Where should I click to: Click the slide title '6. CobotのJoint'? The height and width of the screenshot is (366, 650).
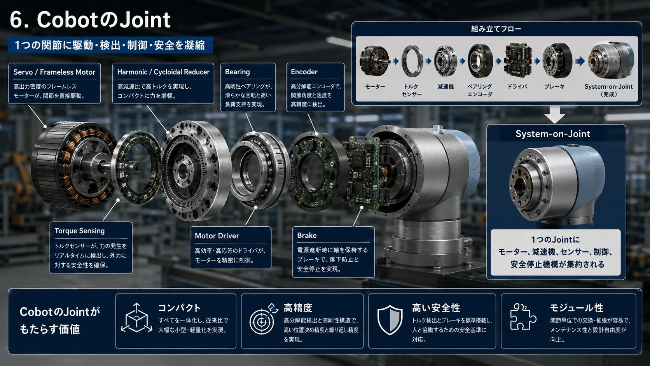pyautogui.click(x=90, y=20)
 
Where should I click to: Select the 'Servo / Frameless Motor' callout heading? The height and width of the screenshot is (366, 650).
pyautogui.click(x=54, y=72)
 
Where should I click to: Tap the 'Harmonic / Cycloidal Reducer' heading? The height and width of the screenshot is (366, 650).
pyautogui.click(x=163, y=72)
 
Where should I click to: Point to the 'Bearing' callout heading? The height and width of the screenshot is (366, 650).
pyautogui.click(x=238, y=72)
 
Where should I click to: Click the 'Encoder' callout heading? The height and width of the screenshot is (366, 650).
pyautogui.click(x=304, y=72)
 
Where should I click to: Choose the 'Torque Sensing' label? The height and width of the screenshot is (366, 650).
pyautogui.click(x=80, y=231)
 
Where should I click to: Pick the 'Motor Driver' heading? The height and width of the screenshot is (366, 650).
pyautogui.click(x=217, y=236)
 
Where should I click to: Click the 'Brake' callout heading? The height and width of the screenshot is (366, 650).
pyautogui.click(x=307, y=235)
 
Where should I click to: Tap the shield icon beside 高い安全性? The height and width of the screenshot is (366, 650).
pyautogui.click(x=390, y=320)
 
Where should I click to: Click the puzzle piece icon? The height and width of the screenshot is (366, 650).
pyautogui.click(x=523, y=317)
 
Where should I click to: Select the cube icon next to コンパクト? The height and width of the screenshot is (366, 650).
pyautogui.click(x=136, y=317)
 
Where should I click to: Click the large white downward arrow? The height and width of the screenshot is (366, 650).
pyautogui.click(x=554, y=114)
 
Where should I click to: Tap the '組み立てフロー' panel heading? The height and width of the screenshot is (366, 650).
pyautogui.click(x=496, y=29)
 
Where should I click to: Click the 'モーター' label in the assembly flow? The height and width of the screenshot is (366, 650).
pyautogui.click(x=375, y=86)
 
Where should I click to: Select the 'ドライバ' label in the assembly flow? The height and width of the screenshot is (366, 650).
pyautogui.click(x=517, y=86)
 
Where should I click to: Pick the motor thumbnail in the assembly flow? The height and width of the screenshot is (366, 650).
pyautogui.click(x=375, y=61)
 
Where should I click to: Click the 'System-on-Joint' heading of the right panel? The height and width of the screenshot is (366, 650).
pyautogui.click(x=553, y=134)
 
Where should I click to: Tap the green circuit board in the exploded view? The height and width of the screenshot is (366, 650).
pyautogui.click(x=361, y=172)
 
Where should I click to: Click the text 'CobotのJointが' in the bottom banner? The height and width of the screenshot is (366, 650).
pyautogui.click(x=59, y=312)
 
